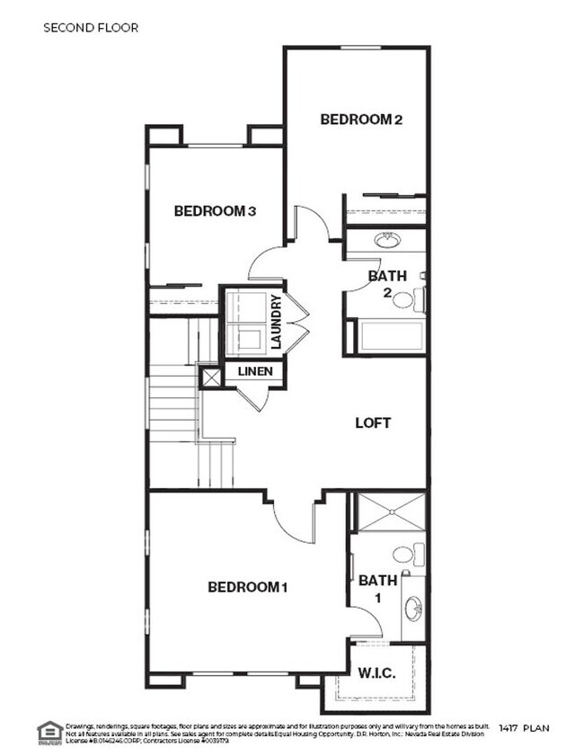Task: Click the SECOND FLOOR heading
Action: [91, 28]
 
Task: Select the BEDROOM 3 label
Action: [216, 211]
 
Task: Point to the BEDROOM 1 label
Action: [247, 588]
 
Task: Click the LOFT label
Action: [374, 422]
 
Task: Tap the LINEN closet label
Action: [254, 371]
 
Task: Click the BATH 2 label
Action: [387, 284]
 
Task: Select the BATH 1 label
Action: [377, 589]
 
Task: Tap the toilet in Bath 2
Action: [407, 298]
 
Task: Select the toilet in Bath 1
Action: [405, 555]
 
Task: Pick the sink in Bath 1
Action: [413, 609]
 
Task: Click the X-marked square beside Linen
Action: [211, 378]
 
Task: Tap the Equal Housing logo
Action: [48, 733]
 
